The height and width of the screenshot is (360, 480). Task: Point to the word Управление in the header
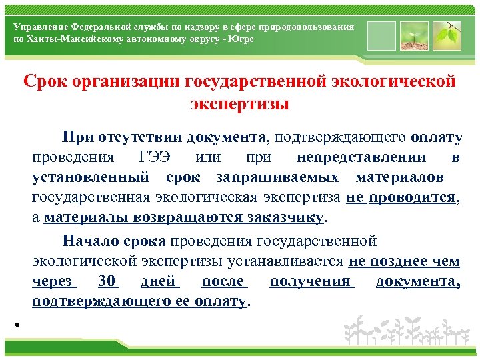[39, 27]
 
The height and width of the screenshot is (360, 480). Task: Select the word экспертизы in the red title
[240, 105]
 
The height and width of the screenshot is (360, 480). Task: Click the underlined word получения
[310, 281]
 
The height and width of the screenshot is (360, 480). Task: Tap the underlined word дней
[158, 281]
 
